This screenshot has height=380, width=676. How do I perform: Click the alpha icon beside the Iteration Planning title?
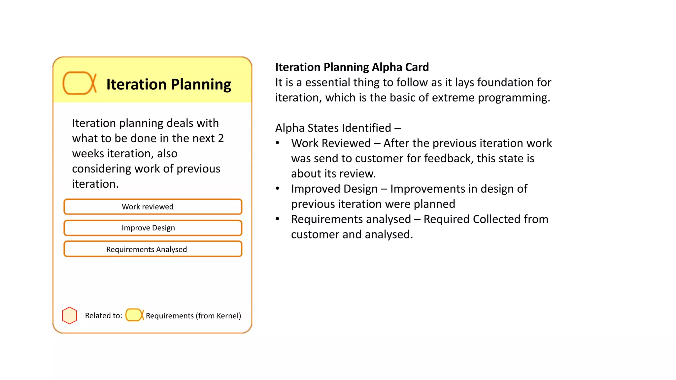pyautogui.click(x=79, y=83)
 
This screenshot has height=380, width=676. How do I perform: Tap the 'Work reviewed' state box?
pyautogui.click(x=153, y=207)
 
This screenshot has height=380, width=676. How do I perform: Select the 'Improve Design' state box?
pyautogui.click(x=153, y=228)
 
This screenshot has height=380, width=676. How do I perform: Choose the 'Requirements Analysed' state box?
pyautogui.click(x=153, y=249)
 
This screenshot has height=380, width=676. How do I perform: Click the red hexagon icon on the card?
pyautogui.click(x=70, y=316)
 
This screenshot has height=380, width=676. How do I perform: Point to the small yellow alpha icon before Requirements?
pyautogui.click(x=134, y=315)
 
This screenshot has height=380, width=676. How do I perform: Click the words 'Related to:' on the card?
pyautogui.click(x=103, y=316)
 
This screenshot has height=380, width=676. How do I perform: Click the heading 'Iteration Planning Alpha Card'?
pyautogui.click(x=352, y=67)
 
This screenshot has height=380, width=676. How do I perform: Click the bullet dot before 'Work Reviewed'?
pyautogui.click(x=278, y=143)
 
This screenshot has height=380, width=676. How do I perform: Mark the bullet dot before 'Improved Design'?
pyautogui.click(x=278, y=189)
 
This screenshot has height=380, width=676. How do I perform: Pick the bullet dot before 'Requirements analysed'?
pyautogui.click(x=278, y=219)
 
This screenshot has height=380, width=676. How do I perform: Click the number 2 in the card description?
pyautogui.click(x=221, y=138)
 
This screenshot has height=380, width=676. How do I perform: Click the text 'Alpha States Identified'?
pyautogui.click(x=333, y=128)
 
